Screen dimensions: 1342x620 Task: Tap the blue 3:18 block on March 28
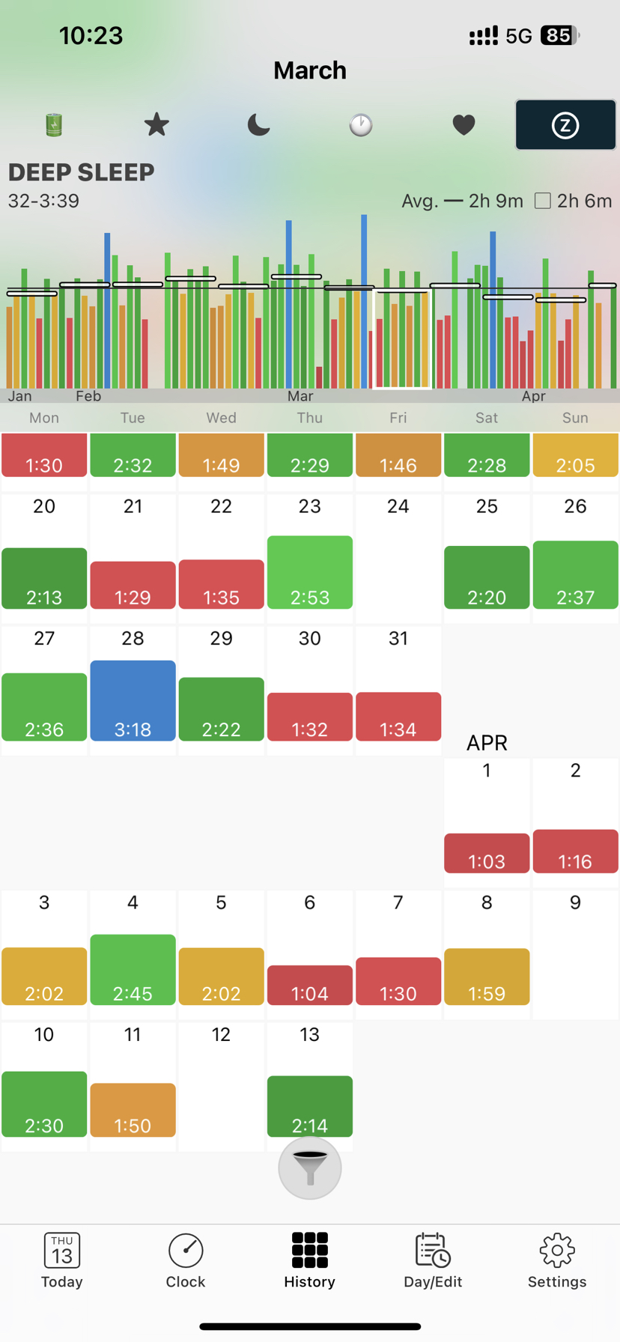[x=133, y=701]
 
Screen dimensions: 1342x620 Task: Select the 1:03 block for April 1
[x=487, y=853]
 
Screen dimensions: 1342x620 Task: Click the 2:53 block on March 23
[x=309, y=572]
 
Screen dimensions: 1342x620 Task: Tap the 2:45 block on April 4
[x=133, y=969]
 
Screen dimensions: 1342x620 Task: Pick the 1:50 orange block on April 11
[x=133, y=1110]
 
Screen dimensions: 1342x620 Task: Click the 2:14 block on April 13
[x=309, y=1106]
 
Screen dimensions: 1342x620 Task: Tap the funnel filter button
[x=309, y=1168]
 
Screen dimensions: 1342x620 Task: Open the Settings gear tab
[x=556, y=1260]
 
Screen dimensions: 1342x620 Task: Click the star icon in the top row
[x=156, y=124]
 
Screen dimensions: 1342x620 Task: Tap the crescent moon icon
[x=258, y=124]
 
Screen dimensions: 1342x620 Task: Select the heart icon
[x=464, y=124]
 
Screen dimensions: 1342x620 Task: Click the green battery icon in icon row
[x=54, y=124]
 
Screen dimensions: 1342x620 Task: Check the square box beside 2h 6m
[x=543, y=201]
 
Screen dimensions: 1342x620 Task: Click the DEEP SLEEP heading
[x=81, y=172]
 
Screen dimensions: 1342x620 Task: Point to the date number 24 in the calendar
[x=398, y=506]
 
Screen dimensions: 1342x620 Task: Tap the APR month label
[x=487, y=742]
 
